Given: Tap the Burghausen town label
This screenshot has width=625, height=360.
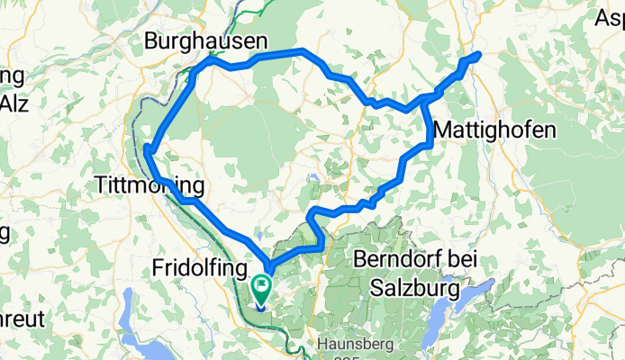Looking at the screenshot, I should tap(207, 40).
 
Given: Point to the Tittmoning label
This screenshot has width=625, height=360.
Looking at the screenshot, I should tap(149, 186).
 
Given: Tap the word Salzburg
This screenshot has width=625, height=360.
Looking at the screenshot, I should tap(414, 290).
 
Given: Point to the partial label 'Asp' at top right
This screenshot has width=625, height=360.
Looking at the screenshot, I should tap(611, 17).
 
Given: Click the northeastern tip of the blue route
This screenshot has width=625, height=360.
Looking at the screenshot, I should tap(478, 55).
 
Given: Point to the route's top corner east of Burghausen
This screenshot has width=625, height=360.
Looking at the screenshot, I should tap(304, 51).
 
